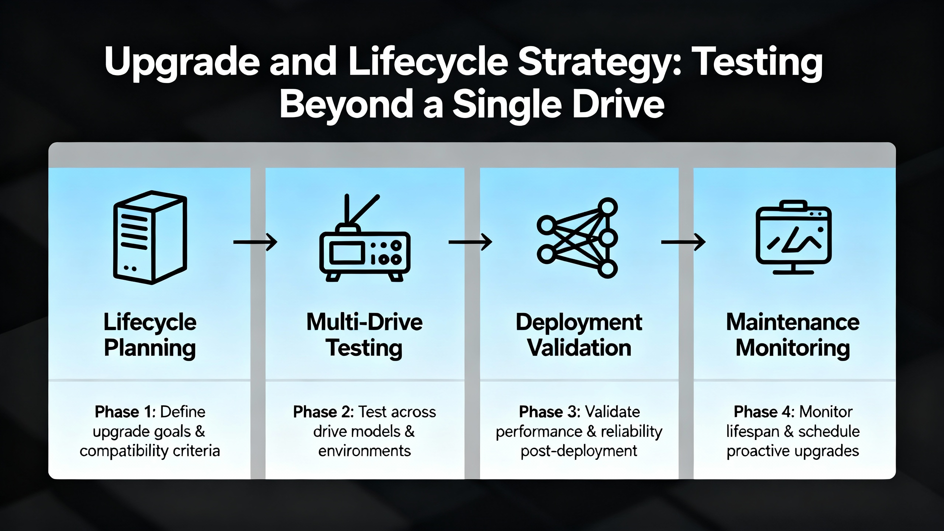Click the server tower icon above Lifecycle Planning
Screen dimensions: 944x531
150,237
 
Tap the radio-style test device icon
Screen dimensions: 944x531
365,238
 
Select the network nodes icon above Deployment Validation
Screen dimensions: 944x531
577,238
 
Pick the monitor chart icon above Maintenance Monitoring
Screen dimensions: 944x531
794,237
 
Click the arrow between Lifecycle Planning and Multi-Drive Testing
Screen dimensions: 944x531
255,242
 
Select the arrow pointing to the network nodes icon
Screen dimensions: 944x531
470,242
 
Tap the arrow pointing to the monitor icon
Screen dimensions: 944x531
683,242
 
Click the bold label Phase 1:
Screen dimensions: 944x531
125,412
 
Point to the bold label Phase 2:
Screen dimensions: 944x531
324,412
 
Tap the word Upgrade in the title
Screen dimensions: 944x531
182,63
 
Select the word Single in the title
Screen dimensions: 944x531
507,105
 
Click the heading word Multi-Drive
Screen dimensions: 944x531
365,322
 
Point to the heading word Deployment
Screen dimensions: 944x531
579,323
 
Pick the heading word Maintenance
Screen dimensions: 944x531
793,322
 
